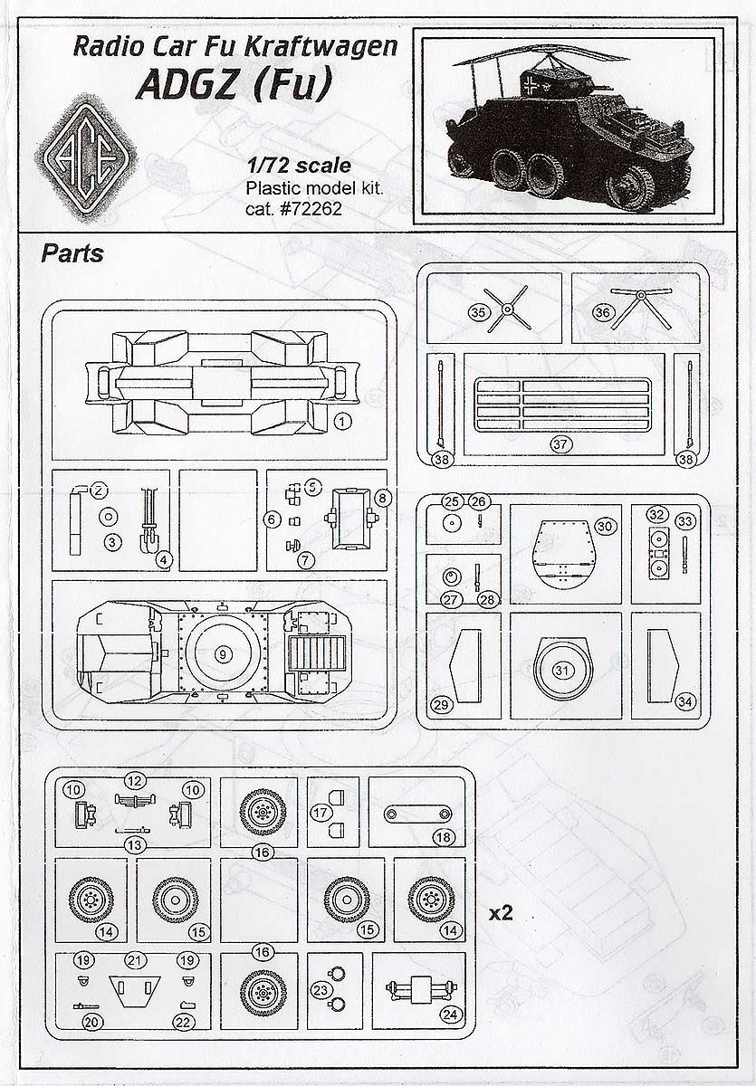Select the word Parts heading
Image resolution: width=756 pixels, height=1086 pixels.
[x=72, y=253]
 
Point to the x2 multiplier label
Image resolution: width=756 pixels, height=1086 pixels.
[x=501, y=913]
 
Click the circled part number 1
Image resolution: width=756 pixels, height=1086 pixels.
[x=341, y=421]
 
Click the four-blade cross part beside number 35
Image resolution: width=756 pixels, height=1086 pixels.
[x=509, y=309]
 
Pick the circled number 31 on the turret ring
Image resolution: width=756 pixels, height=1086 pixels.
[x=562, y=671]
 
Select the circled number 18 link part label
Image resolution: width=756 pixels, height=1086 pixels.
[x=443, y=837]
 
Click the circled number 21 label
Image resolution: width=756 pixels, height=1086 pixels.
[x=136, y=959]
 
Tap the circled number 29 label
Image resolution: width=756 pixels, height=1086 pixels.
[x=442, y=704]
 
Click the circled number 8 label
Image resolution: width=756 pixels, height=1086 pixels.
[x=382, y=498]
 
